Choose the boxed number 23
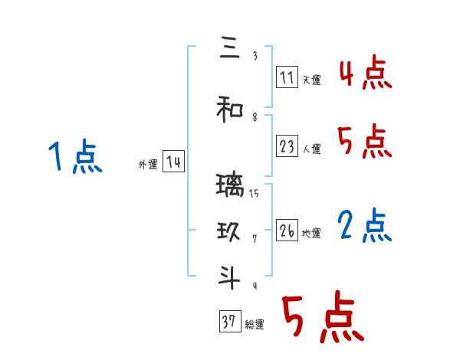coord(287,146)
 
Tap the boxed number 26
coord(287,231)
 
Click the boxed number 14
coord(172,162)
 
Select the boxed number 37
coord(228,322)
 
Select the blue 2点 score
coord(364,226)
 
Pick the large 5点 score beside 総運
coord(321,317)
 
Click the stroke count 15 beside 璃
coord(254,195)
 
